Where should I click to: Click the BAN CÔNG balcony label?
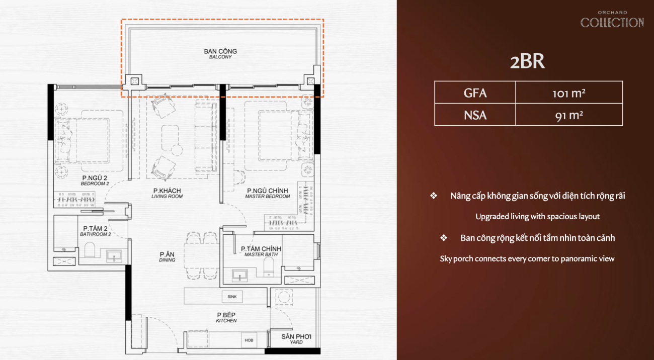click(x=220, y=54)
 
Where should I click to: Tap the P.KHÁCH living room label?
click(x=167, y=193)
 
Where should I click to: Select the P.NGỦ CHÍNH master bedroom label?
click(x=268, y=193)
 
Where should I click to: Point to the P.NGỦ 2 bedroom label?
click(x=95, y=181)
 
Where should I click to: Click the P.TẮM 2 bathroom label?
click(x=95, y=231)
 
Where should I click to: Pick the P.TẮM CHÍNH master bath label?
click(x=261, y=251)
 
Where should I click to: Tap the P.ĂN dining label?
click(x=167, y=257)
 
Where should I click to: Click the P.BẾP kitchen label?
click(x=226, y=317)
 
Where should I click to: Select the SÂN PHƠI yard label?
click(x=296, y=339)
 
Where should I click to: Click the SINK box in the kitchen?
click(x=232, y=297)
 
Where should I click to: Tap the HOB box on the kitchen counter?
click(x=249, y=340)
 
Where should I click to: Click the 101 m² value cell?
click(x=569, y=93)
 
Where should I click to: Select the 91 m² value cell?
click(x=569, y=115)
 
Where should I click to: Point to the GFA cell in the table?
click(x=475, y=93)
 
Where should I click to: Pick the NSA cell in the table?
click(x=475, y=115)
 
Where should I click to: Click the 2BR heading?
click(x=527, y=61)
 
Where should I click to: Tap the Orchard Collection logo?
click(x=612, y=19)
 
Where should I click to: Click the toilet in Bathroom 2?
click(x=90, y=250)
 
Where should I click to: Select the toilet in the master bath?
click(x=269, y=267)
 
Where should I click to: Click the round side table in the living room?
click(x=177, y=150)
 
